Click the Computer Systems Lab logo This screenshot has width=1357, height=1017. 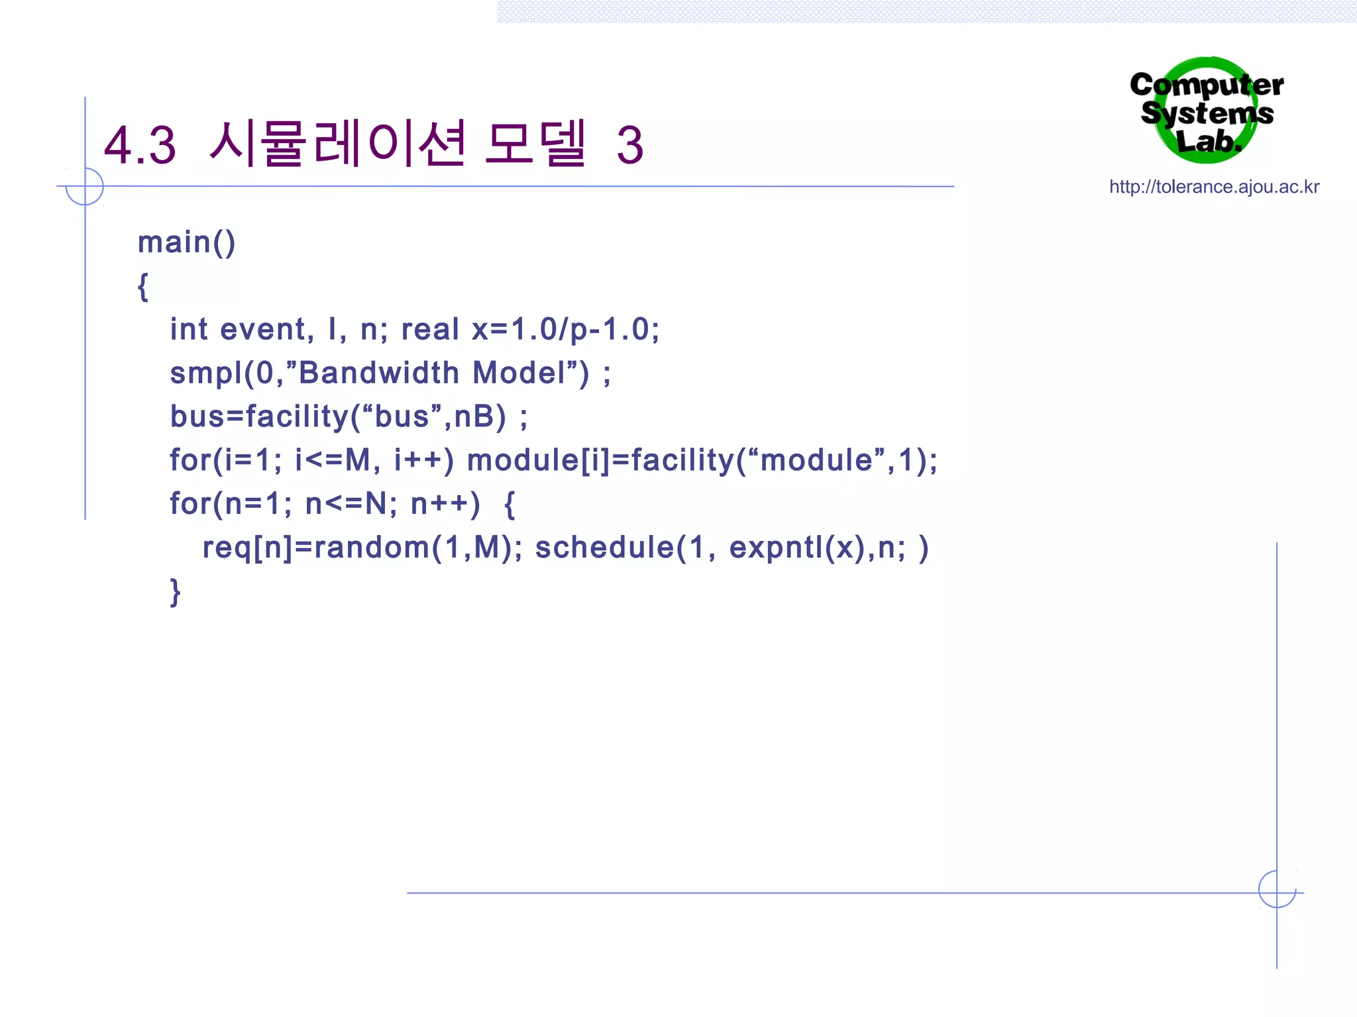click(x=1207, y=111)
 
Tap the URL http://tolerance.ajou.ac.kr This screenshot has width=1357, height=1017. click(x=1214, y=187)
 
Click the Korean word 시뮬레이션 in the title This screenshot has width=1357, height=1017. click(x=337, y=144)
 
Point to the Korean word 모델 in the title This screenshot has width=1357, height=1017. click(x=535, y=144)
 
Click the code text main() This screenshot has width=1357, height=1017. click(x=186, y=242)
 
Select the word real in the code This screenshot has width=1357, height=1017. click(x=430, y=329)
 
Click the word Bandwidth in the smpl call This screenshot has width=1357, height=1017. click(x=378, y=373)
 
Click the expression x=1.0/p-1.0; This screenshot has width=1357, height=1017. click(x=565, y=329)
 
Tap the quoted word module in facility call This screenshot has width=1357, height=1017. click(x=816, y=460)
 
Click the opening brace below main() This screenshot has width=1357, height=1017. click(x=142, y=287)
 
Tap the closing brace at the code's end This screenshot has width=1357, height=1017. click(x=175, y=591)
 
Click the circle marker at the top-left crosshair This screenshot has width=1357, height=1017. click(x=85, y=187)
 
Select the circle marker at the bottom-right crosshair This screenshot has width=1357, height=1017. click(x=1277, y=889)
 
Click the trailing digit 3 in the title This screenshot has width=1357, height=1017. click(x=629, y=145)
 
